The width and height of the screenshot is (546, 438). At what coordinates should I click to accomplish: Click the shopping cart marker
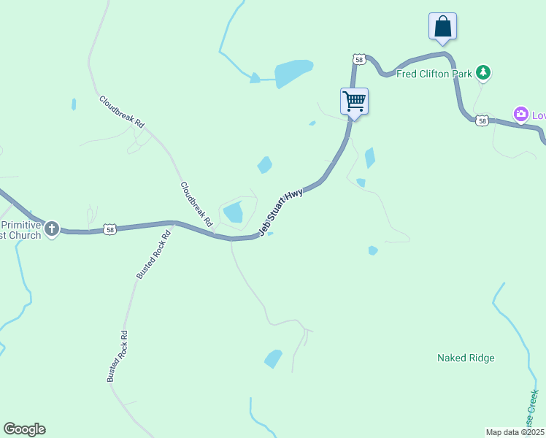(354, 101)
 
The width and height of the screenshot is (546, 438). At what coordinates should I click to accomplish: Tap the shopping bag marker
(442, 26)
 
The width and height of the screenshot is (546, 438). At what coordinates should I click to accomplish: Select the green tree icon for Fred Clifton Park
(482, 72)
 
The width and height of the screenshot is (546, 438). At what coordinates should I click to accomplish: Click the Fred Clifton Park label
(434, 73)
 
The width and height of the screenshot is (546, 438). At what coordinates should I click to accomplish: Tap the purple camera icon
(520, 114)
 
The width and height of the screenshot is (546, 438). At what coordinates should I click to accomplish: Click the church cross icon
(52, 229)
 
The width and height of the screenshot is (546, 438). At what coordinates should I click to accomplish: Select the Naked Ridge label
(466, 358)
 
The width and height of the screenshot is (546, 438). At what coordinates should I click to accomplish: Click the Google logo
(24, 429)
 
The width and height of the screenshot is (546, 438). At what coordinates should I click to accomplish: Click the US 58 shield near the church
(109, 228)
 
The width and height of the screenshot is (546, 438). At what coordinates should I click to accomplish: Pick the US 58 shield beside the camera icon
(481, 120)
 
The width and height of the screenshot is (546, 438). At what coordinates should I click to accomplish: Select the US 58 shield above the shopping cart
(358, 58)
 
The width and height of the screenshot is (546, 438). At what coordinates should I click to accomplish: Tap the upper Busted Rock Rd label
(153, 255)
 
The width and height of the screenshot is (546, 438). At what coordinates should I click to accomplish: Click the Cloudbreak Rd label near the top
(122, 112)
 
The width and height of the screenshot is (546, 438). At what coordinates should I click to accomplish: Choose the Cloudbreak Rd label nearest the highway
(196, 203)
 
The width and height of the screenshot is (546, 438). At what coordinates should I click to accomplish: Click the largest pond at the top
(293, 72)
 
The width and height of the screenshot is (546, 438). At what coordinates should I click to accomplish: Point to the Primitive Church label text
(22, 229)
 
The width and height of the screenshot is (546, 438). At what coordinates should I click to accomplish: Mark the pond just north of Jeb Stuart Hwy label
(233, 212)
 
